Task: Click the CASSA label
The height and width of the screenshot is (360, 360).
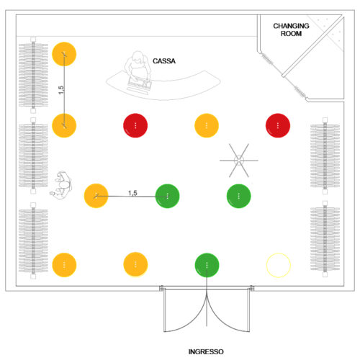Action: [x=164, y=61]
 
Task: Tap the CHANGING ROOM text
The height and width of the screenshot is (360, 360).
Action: [x=291, y=30]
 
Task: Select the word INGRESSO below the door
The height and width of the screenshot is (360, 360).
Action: [x=206, y=352]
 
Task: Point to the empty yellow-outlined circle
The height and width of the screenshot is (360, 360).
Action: [x=279, y=265]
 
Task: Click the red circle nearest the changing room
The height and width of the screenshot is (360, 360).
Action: [x=278, y=125]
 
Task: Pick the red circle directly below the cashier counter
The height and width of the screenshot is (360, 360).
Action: [x=135, y=125]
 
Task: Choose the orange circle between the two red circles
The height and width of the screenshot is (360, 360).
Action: [x=207, y=125]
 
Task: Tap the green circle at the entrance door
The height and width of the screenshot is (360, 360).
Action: [x=207, y=265]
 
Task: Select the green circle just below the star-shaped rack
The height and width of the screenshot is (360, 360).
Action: [x=239, y=196]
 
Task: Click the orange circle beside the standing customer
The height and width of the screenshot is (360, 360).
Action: [x=96, y=196]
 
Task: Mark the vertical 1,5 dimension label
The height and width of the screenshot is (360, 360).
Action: [x=61, y=90]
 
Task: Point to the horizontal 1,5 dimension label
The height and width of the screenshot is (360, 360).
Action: [x=132, y=193]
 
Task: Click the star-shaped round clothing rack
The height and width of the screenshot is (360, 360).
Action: [x=239, y=161]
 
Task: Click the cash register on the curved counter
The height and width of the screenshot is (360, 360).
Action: [x=140, y=84]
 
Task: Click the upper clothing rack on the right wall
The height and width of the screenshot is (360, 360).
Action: [x=325, y=156]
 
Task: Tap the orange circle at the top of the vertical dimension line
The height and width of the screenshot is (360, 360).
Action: [x=64, y=54]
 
